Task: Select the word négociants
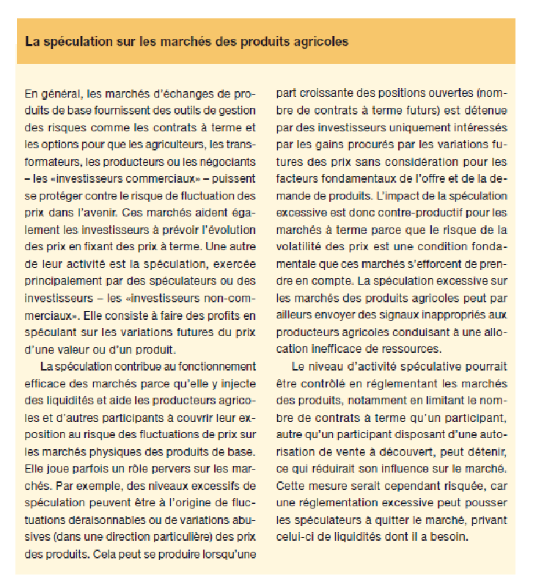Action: (x=227, y=160)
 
